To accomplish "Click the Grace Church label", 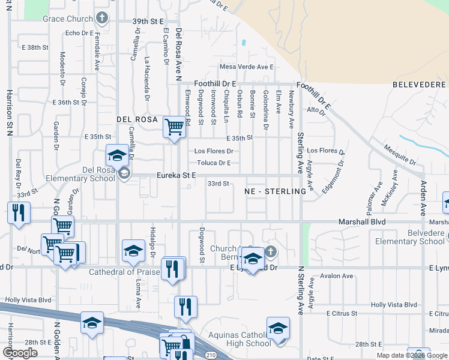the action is pos(68,19).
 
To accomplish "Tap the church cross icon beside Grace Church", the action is pos(102,17).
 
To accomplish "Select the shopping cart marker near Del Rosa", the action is pos(174,127).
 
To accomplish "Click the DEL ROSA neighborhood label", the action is pos(137,120).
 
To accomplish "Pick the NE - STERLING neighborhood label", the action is pos(276,191).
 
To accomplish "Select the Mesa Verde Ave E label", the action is pos(247,67).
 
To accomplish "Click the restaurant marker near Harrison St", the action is pos(18,213).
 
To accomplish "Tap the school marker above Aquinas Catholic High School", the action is pos(278,328).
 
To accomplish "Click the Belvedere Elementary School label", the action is pos(409,238).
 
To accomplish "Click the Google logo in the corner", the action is pos(20,353).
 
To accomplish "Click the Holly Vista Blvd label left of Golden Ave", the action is pos(28,299).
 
